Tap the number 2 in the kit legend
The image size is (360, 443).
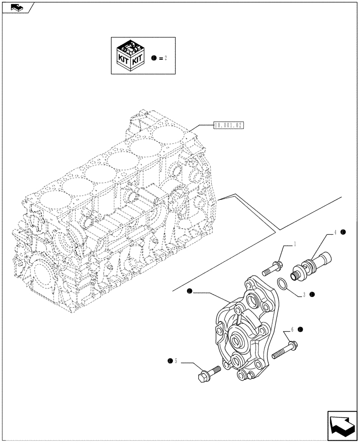coord(165,58)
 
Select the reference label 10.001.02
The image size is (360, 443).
coord(228,126)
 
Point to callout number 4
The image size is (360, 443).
coord(335,232)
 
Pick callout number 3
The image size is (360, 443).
coord(304,294)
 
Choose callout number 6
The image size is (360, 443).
coord(292,330)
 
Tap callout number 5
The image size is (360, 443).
coord(176,361)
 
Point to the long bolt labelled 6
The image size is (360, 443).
coord(285,349)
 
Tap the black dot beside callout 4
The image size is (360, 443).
coord(343,232)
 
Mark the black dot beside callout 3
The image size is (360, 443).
coord(312,294)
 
